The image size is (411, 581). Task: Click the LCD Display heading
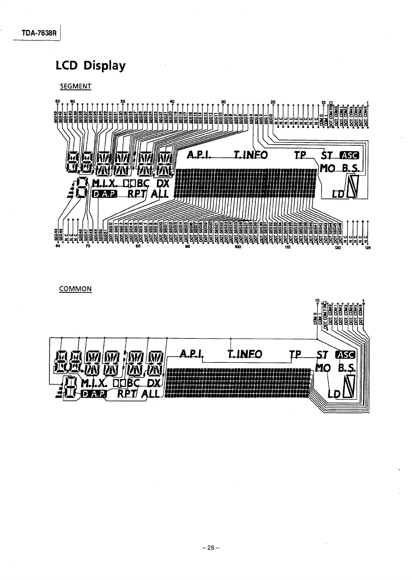90,66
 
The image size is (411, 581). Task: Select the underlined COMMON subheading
75,289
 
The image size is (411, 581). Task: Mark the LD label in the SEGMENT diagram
337,194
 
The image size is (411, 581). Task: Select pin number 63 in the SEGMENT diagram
57,101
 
